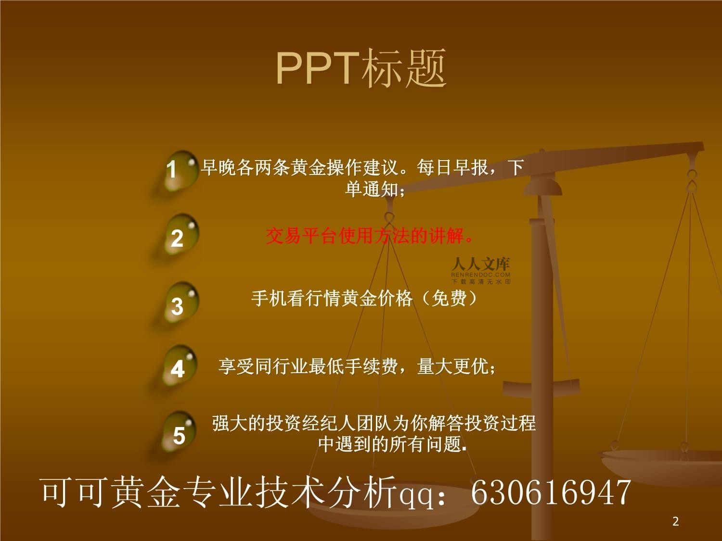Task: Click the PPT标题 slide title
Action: click(361, 68)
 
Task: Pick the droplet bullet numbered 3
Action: click(180, 302)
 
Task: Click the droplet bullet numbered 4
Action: click(180, 365)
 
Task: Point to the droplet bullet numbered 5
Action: click(179, 432)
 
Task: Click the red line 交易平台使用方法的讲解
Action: click(369, 236)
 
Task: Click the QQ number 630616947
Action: click(551, 492)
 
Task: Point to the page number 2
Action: click(676, 521)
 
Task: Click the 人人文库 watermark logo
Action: click(481, 264)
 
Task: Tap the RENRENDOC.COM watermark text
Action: click(480, 275)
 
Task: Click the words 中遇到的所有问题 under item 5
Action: click(390, 444)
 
